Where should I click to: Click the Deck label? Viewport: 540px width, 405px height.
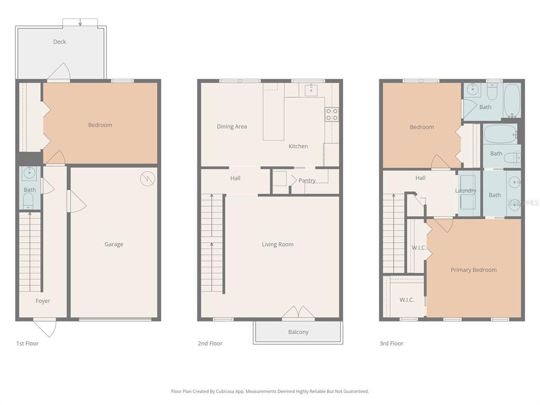tap(60, 42)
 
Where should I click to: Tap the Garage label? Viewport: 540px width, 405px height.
tap(114, 244)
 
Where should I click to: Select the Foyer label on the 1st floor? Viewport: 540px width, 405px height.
tap(43, 301)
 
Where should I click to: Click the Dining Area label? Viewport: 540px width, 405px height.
tap(232, 127)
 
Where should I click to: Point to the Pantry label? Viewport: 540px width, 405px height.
tap(307, 180)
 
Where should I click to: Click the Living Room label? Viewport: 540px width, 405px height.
tap(277, 244)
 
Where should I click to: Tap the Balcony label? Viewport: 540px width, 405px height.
tap(298, 332)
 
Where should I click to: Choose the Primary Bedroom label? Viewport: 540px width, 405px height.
tap(474, 270)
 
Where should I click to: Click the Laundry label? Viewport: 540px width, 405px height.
tap(466, 190)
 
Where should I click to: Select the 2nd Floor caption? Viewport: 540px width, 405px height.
tap(210, 343)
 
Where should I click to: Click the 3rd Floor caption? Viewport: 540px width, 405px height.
tap(391, 343)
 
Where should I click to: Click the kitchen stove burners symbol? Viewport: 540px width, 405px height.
tap(332, 114)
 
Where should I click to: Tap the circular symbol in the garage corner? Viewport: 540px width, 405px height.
tap(148, 179)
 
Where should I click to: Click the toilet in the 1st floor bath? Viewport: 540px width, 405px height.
tap(29, 199)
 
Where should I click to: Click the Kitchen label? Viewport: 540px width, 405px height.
tap(298, 146)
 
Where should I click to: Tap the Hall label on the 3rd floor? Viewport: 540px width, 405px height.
tap(420, 178)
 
